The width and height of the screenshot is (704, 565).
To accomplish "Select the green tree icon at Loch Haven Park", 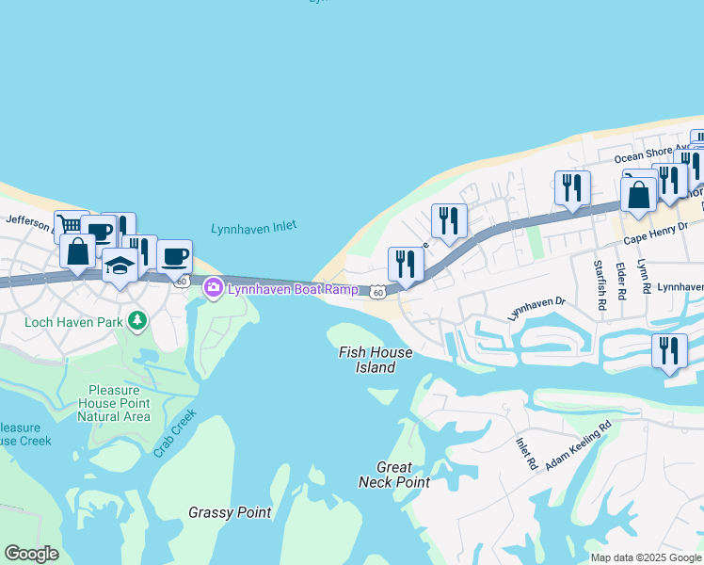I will pyautogui.click(x=138, y=321).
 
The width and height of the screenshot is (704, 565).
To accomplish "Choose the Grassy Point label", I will pyautogui.click(x=230, y=513).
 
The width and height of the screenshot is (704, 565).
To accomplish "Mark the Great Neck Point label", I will pyautogui.click(x=394, y=475).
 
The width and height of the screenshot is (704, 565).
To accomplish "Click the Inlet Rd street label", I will pyautogui.click(x=525, y=454).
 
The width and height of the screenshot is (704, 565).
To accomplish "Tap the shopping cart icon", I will pyautogui.click(x=71, y=224).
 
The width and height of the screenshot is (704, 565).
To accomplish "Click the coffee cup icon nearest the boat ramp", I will pyautogui.click(x=174, y=254).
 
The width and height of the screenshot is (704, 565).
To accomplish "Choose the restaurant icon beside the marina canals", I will pyautogui.click(x=669, y=349).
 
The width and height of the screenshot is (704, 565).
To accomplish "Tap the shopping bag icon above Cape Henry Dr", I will pyautogui.click(x=638, y=196).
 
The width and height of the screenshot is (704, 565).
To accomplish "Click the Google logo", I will pyautogui.click(x=31, y=554).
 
